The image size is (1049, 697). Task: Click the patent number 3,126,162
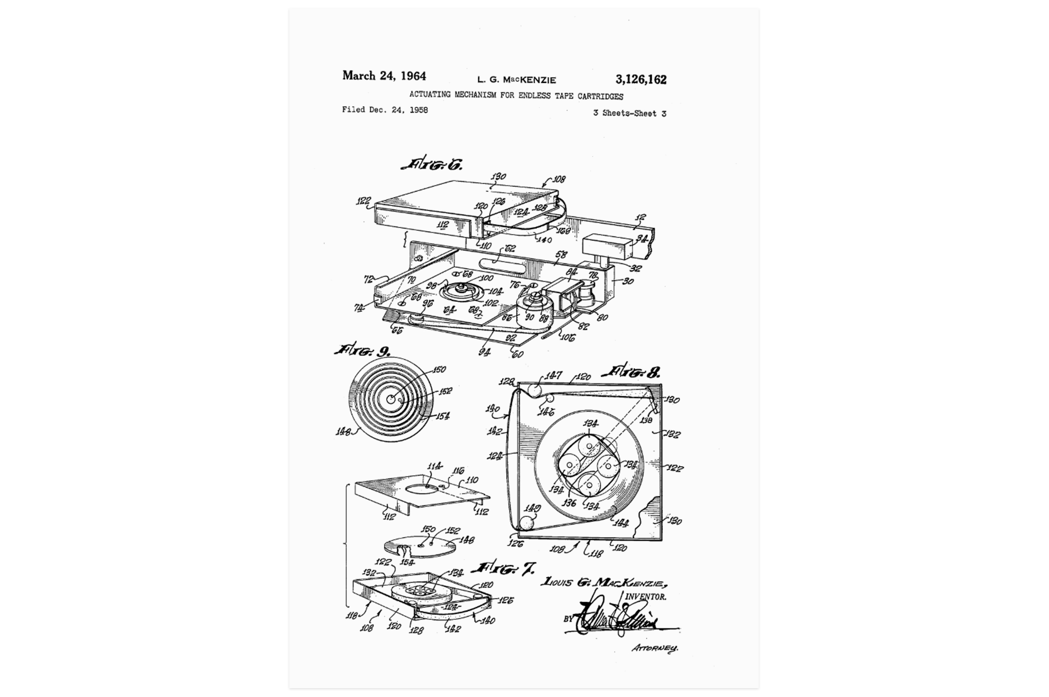coord(640,79)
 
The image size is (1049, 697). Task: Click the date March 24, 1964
coord(384,76)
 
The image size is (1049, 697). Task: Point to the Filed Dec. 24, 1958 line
coord(384,110)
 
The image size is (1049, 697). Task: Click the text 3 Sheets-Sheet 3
coord(629,113)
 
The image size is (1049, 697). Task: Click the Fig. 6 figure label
coord(432,165)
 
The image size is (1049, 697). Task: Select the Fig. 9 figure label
coord(363,350)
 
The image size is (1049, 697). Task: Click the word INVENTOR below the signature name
coord(646,597)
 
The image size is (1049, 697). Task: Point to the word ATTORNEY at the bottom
coord(654,648)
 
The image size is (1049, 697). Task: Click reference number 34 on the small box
coord(641,240)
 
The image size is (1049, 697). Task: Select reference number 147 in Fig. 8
coord(553,376)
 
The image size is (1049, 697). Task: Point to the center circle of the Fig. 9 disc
coord(391,399)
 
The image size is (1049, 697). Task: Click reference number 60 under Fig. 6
coord(517,354)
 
